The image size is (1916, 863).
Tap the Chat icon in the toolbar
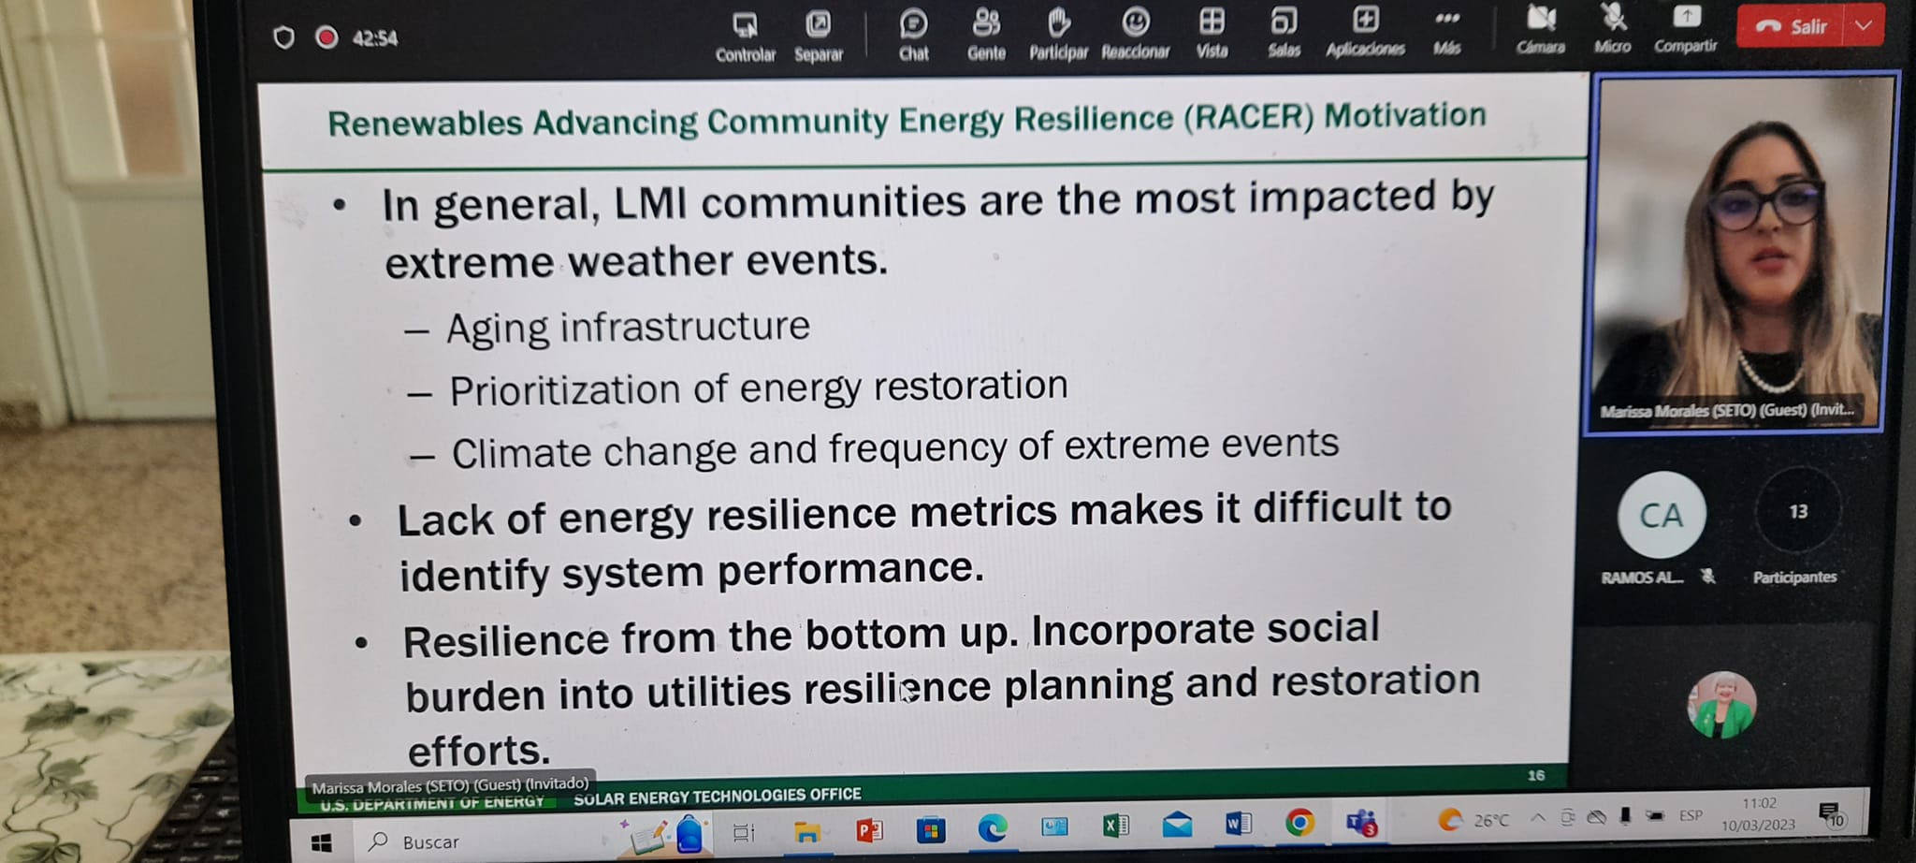pos(913,23)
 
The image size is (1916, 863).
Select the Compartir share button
pos(1686,17)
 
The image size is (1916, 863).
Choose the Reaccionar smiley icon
pos(1136,22)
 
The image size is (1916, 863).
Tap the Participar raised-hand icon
pos(1058,22)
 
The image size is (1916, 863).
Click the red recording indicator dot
pos(327,37)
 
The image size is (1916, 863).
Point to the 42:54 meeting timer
pos(375,38)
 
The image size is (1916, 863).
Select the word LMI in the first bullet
pos(650,203)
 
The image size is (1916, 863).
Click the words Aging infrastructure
pos(628,328)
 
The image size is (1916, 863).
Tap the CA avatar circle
pos(1662,515)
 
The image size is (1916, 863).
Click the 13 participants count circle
pos(1798,511)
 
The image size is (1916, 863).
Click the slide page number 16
pos(1536,775)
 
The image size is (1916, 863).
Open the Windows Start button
pos(321,842)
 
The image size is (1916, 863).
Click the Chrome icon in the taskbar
pos(1299,823)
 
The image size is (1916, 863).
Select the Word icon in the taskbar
pos(1238,824)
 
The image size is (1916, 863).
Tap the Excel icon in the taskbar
pos(1116,825)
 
